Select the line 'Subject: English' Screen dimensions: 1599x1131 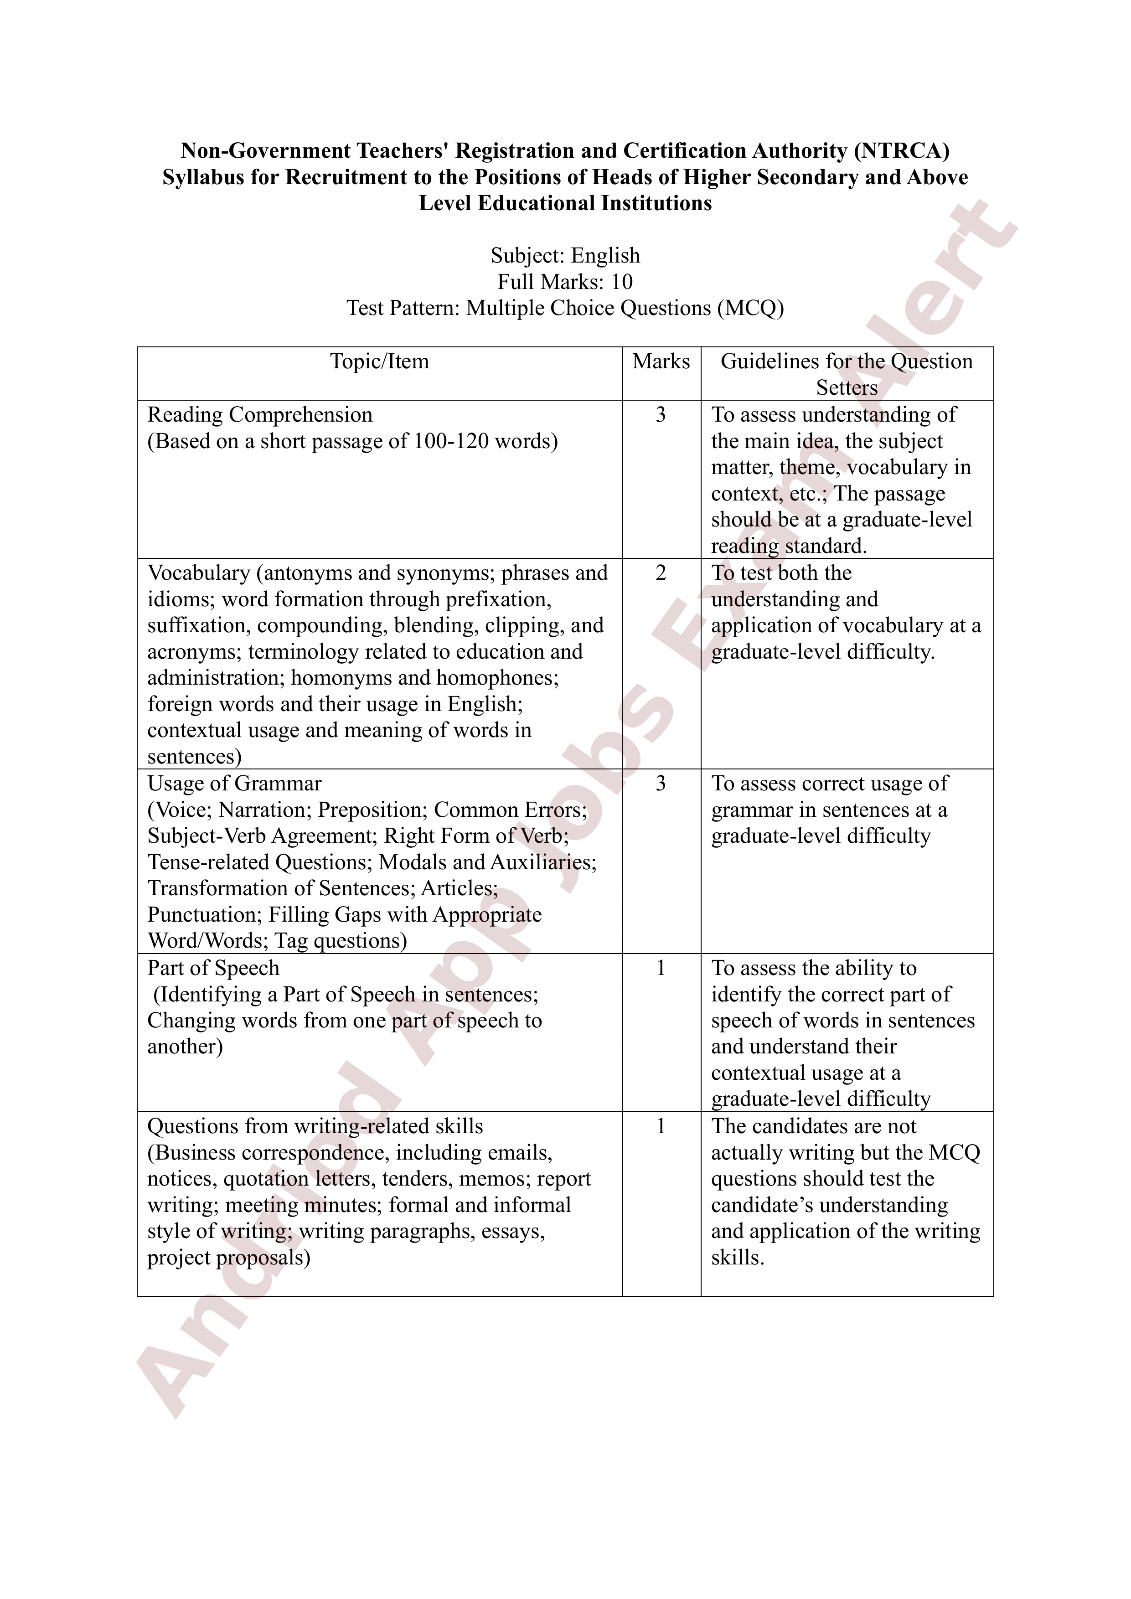click(x=565, y=256)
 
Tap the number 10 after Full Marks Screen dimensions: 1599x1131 click(x=622, y=282)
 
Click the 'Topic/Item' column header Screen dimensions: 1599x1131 click(x=380, y=361)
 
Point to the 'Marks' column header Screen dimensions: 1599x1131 click(x=661, y=361)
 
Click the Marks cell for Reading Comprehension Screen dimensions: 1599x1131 click(x=661, y=415)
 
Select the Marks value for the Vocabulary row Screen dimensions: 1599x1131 click(x=661, y=573)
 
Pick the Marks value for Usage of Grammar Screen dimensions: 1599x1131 click(x=661, y=784)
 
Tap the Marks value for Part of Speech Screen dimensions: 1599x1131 click(x=661, y=969)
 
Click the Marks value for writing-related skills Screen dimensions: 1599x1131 click(x=661, y=1127)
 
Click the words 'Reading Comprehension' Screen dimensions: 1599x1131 click(x=260, y=415)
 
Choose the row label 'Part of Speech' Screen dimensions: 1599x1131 click(x=213, y=969)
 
